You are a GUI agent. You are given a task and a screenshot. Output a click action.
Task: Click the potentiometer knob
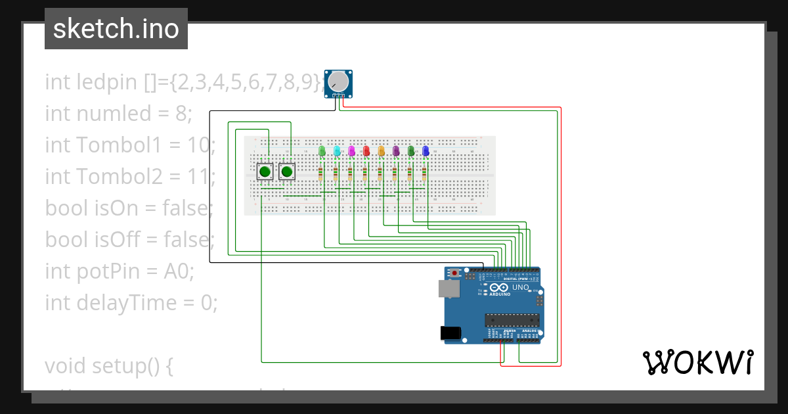[x=338, y=81]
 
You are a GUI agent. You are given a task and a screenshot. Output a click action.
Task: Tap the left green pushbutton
[x=265, y=172]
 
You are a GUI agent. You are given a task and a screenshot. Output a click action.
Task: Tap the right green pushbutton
[x=286, y=172]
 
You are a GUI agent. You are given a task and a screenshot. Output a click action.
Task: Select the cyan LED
[x=337, y=151]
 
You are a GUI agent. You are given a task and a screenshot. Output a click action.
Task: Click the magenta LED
[x=351, y=151]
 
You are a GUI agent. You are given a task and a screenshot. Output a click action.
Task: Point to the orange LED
[x=381, y=151]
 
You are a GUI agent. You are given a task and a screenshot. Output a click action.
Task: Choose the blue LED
[x=426, y=151]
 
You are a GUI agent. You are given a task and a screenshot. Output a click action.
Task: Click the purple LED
[x=396, y=151]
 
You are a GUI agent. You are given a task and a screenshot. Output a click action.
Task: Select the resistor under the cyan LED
[x=336, y=174]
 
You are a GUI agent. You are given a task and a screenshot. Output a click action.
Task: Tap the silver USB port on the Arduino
[x=449, y=288]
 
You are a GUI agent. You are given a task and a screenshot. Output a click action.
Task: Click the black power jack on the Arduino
[x=449, y=333]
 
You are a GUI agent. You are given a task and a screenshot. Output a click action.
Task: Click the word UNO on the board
[x=520, y=288]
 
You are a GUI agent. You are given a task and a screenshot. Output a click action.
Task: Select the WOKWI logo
[x=697, y=362]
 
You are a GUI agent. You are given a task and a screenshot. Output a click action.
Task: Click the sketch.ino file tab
[x=116, y=29]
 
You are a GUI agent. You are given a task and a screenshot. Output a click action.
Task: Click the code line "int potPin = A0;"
[x=120, y=271]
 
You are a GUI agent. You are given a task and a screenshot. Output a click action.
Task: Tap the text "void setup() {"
[x=109, y=365]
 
